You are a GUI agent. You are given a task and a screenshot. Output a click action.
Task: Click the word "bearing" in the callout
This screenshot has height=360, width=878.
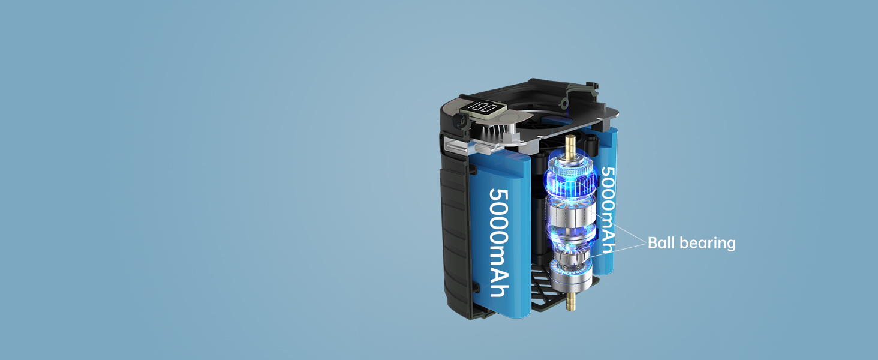[708, 244]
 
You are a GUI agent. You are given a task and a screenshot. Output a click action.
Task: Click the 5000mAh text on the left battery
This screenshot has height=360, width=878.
[500, 242]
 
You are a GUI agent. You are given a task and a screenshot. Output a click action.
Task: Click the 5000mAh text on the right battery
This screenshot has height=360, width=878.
[608, 210]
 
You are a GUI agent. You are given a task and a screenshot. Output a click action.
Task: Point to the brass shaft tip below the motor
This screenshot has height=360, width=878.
[570, 301]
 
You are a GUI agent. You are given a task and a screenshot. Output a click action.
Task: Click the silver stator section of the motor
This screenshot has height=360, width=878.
[571, 218]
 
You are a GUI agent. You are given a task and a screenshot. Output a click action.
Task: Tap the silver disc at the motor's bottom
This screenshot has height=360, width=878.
[570, 277]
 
